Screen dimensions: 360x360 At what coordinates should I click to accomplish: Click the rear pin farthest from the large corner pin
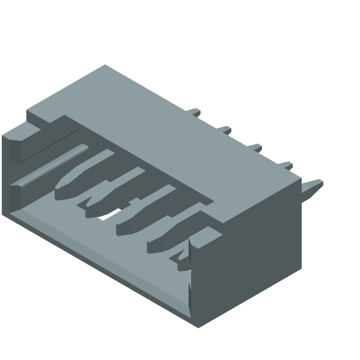pyautogui.click(x=194, y=111)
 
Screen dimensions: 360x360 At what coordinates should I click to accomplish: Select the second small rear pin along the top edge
pyautogui.click(x=225, y=130)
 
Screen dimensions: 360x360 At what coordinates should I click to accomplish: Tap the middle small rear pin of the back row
pyautogui.click(x=255, y=147)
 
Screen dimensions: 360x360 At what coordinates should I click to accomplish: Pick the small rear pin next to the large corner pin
pyautogui.click(x=285, y=166)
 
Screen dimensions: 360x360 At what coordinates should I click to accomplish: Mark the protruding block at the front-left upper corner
pyautogui.click(x=18, y=144)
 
